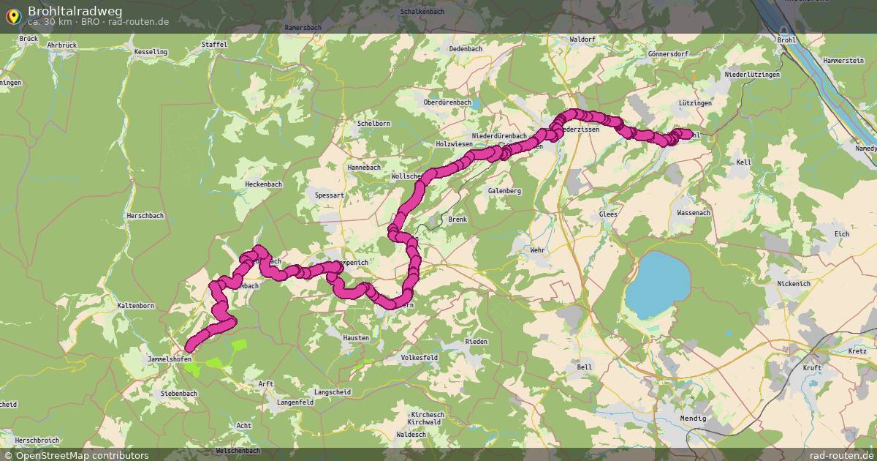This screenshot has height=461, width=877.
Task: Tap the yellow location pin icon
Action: click(13, 15)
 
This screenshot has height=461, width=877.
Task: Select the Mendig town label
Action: click(692, 418)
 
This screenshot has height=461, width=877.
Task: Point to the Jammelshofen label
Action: click(169, 359)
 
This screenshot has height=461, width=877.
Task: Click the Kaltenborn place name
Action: click(135, 305)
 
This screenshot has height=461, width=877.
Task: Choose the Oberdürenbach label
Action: click(447, 102)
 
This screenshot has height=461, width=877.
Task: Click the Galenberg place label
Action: click(504, 190)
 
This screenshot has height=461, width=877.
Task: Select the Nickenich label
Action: click(794, 282)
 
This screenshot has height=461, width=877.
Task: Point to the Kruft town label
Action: click(812, 367)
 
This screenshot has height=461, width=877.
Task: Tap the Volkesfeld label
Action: click(419, 357)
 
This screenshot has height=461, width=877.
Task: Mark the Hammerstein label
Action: click(843, 60)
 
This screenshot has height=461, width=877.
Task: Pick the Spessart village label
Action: click(329, 195)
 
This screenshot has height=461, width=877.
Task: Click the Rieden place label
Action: click(477, 342)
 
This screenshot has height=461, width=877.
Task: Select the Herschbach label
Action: click(145, 215)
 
